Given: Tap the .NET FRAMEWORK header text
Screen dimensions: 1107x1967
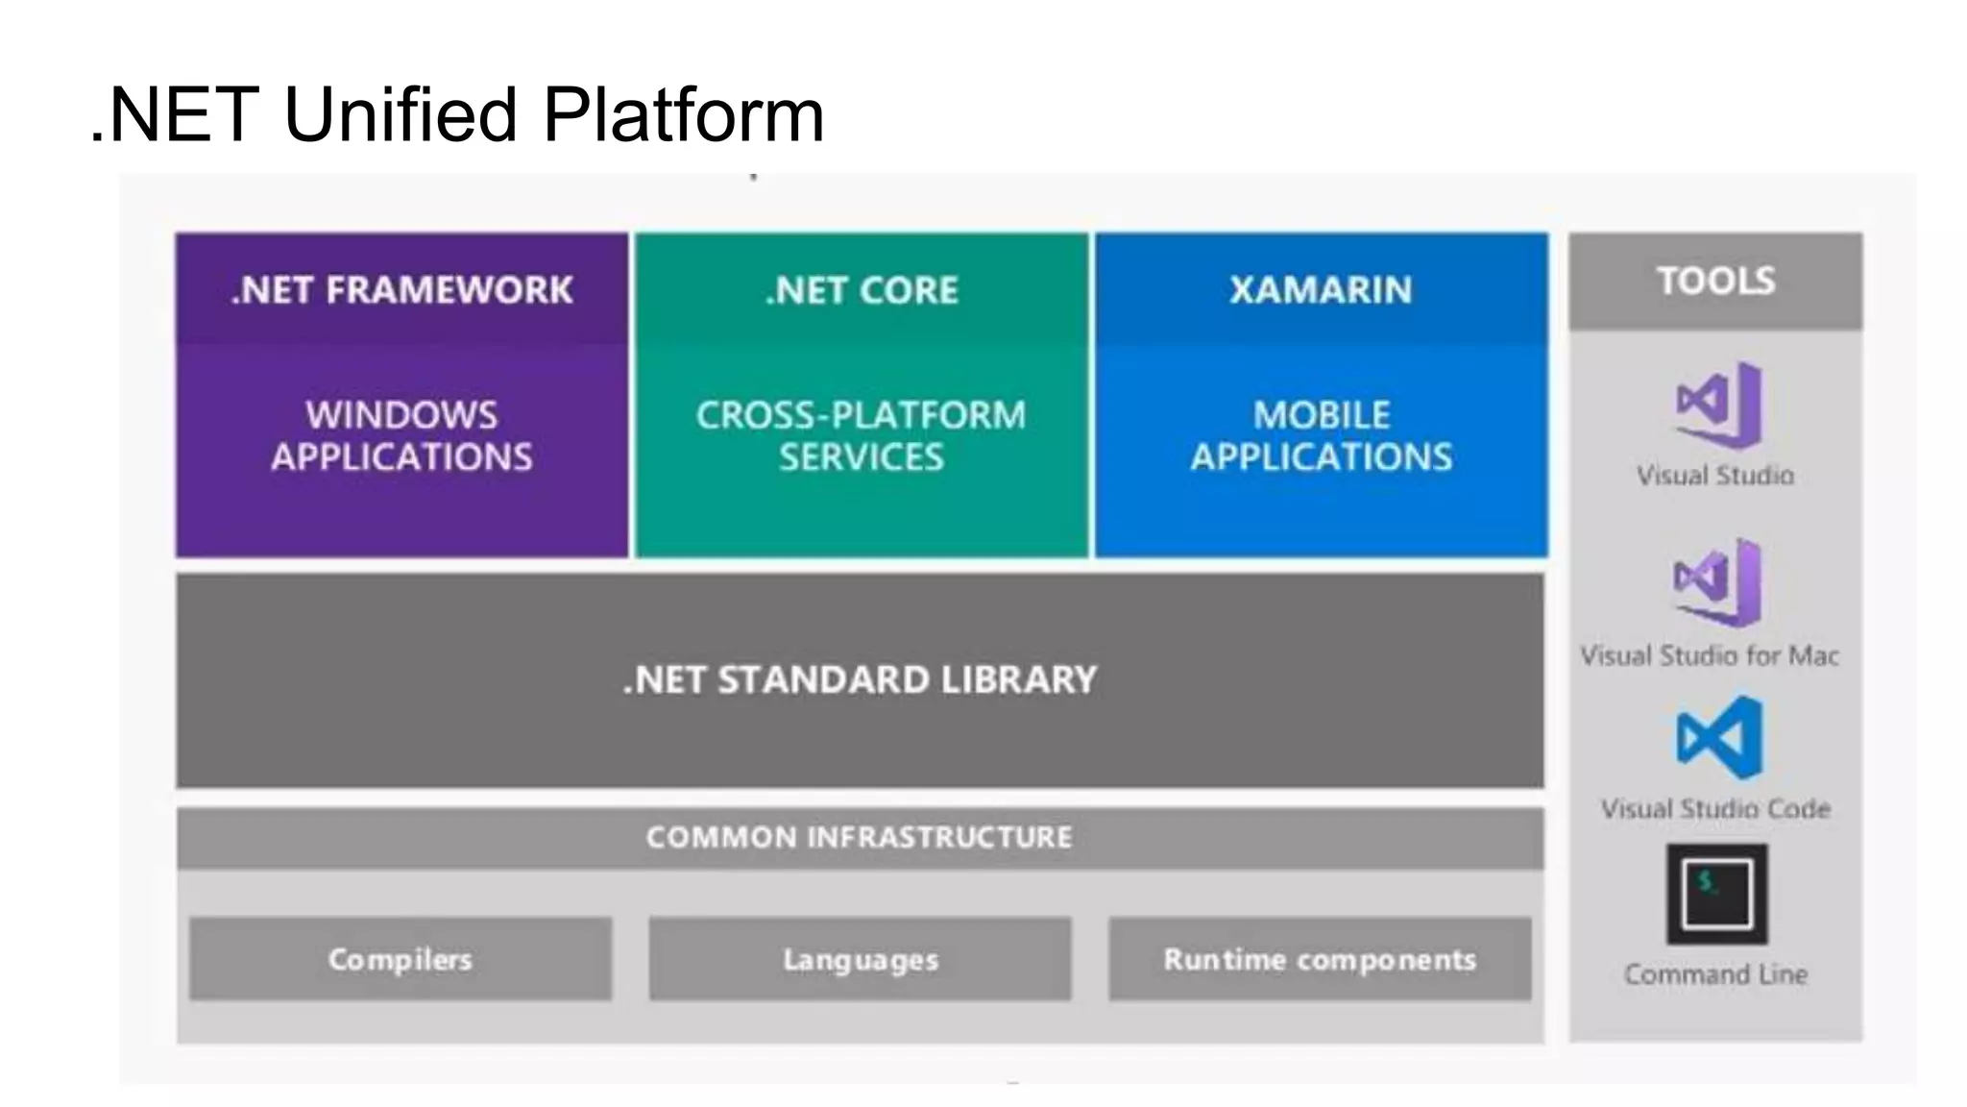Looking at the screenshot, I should (x=401, y=290).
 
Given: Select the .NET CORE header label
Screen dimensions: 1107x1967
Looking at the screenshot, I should (x=862, y=290).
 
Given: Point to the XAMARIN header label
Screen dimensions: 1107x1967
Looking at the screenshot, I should (x=1321, y=290).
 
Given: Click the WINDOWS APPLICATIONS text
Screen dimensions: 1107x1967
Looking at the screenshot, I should (x=401, y=436).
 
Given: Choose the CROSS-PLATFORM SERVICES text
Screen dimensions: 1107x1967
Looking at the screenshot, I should (x=862, y=436).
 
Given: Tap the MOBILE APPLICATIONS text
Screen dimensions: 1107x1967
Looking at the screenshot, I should (x=1321, y=436).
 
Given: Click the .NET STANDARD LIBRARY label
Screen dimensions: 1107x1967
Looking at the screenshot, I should (x=860, y=680).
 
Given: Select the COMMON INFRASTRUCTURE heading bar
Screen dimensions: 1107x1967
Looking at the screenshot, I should (x=860, y=838).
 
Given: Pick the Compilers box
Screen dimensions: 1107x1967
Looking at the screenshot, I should (x=401, y=959).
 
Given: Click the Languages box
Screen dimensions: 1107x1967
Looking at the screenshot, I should (x=861, y=959).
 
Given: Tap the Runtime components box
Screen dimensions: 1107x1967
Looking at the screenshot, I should (x=1320, y=959).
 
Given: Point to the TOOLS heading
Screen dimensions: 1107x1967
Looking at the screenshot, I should (x=1715, y=281).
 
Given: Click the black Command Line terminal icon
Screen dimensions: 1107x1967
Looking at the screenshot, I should (x=1716, y=894).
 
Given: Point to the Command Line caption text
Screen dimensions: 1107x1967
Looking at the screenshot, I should (x=1715, y=974).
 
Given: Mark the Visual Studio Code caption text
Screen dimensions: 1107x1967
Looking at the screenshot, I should (x=1715, y=809).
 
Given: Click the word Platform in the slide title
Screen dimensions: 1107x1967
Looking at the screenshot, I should (x=683, y=114).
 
